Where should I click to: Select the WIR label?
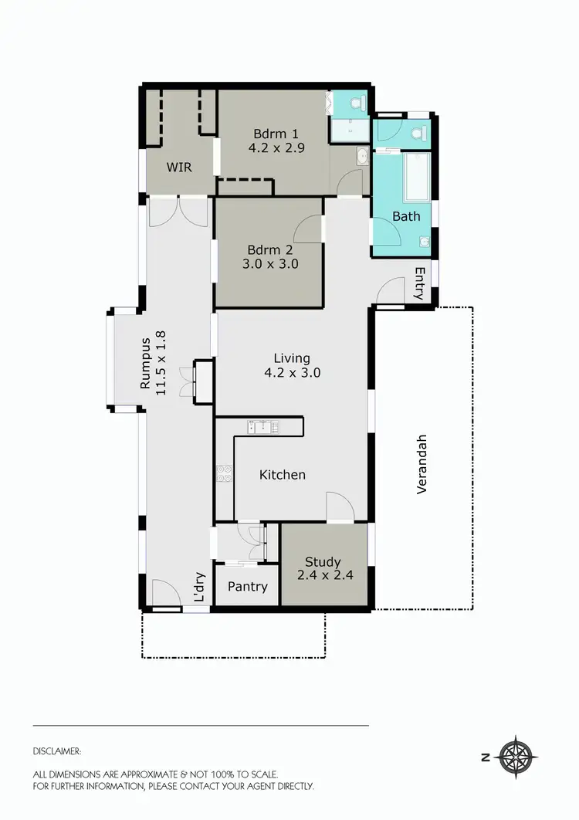(179, 167)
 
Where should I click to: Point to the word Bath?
(406, 216)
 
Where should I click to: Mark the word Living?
(292, 357)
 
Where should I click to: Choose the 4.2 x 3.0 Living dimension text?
(292, 372)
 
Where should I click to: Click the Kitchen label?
(283, 474)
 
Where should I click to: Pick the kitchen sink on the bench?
(263, 427)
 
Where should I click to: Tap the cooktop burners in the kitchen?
(225, 473)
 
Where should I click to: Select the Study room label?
(323, 561)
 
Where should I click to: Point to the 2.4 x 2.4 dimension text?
(323, 575)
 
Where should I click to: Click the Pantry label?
(248, 587)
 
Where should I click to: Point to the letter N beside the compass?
(486, 757)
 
